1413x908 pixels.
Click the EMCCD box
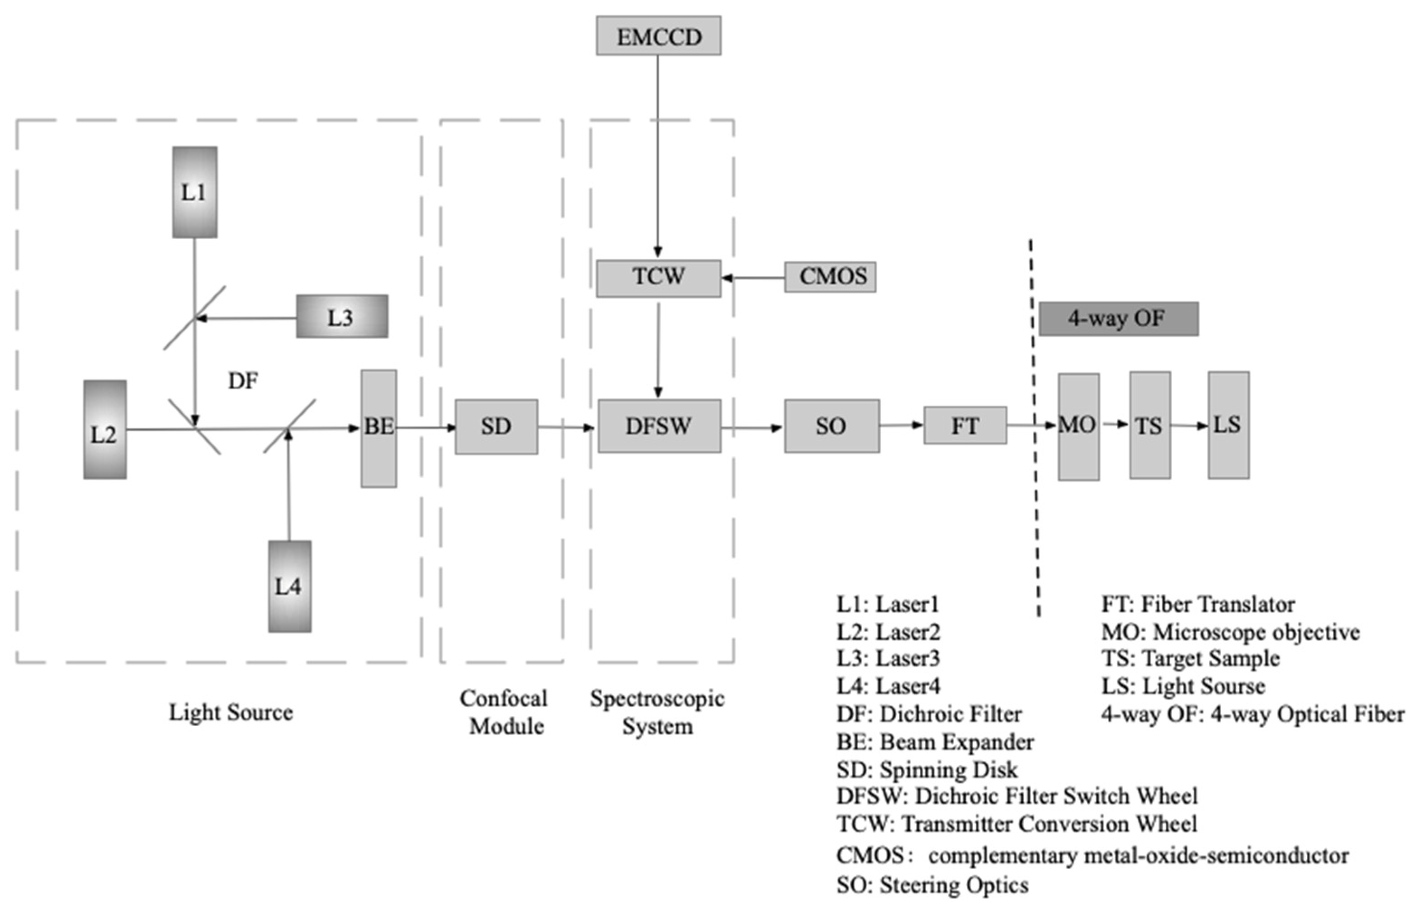pos(658,36)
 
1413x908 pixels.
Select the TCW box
pos(658,278)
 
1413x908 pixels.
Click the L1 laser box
pos(194,192)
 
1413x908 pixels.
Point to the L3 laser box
pos(341,317)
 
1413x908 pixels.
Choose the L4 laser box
pos(289,586)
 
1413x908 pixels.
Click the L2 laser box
pos(104,429)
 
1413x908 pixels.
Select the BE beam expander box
pos(378,428)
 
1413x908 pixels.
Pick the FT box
pos(964,425)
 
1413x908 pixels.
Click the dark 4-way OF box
pos(1118,319)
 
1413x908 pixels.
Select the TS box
pos(1149,425)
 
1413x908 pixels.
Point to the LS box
pos(1228,425)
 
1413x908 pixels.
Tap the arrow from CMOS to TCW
pos(753,278)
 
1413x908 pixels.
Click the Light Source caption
pos(231,712)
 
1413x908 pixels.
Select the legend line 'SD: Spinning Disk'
pos(926,770)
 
